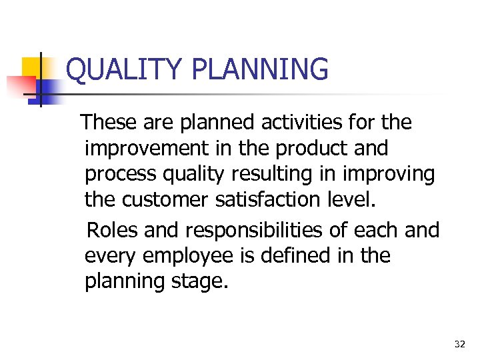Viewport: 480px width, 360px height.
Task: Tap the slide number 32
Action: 459,344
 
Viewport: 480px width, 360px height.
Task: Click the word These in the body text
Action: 109,122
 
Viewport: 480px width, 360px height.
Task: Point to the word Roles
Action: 113,230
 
